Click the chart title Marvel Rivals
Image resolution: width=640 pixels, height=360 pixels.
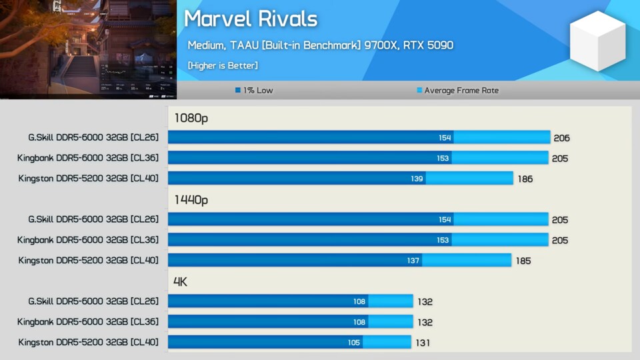coord(250,19)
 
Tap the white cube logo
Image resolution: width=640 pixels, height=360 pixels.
coord(597,41)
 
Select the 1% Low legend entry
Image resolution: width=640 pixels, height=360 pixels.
coord(254,90)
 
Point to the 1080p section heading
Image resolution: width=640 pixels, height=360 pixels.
coord(191,118)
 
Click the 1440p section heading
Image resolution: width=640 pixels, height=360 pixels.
coord(191,199)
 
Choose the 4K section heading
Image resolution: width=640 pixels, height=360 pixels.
coord(180,281)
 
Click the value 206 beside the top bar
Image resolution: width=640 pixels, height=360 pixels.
coord(561,138)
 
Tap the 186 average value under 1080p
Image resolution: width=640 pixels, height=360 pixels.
coord(525,179)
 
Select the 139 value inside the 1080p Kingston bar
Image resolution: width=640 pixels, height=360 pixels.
coord(417,179)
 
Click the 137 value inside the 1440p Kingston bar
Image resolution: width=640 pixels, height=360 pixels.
coord(413,261)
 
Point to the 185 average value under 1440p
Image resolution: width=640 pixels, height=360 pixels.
coord(523,261)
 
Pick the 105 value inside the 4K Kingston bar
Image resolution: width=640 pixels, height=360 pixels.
coord(353,343)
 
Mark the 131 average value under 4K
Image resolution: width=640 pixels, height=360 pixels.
coord(422,343)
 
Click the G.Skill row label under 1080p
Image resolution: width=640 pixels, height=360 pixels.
coord(93,137)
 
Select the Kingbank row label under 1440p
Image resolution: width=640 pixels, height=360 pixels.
coord(88,240)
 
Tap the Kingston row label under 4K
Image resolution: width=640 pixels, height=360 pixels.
coord(89,342)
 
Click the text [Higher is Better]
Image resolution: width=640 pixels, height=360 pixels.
coord(223,65)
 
